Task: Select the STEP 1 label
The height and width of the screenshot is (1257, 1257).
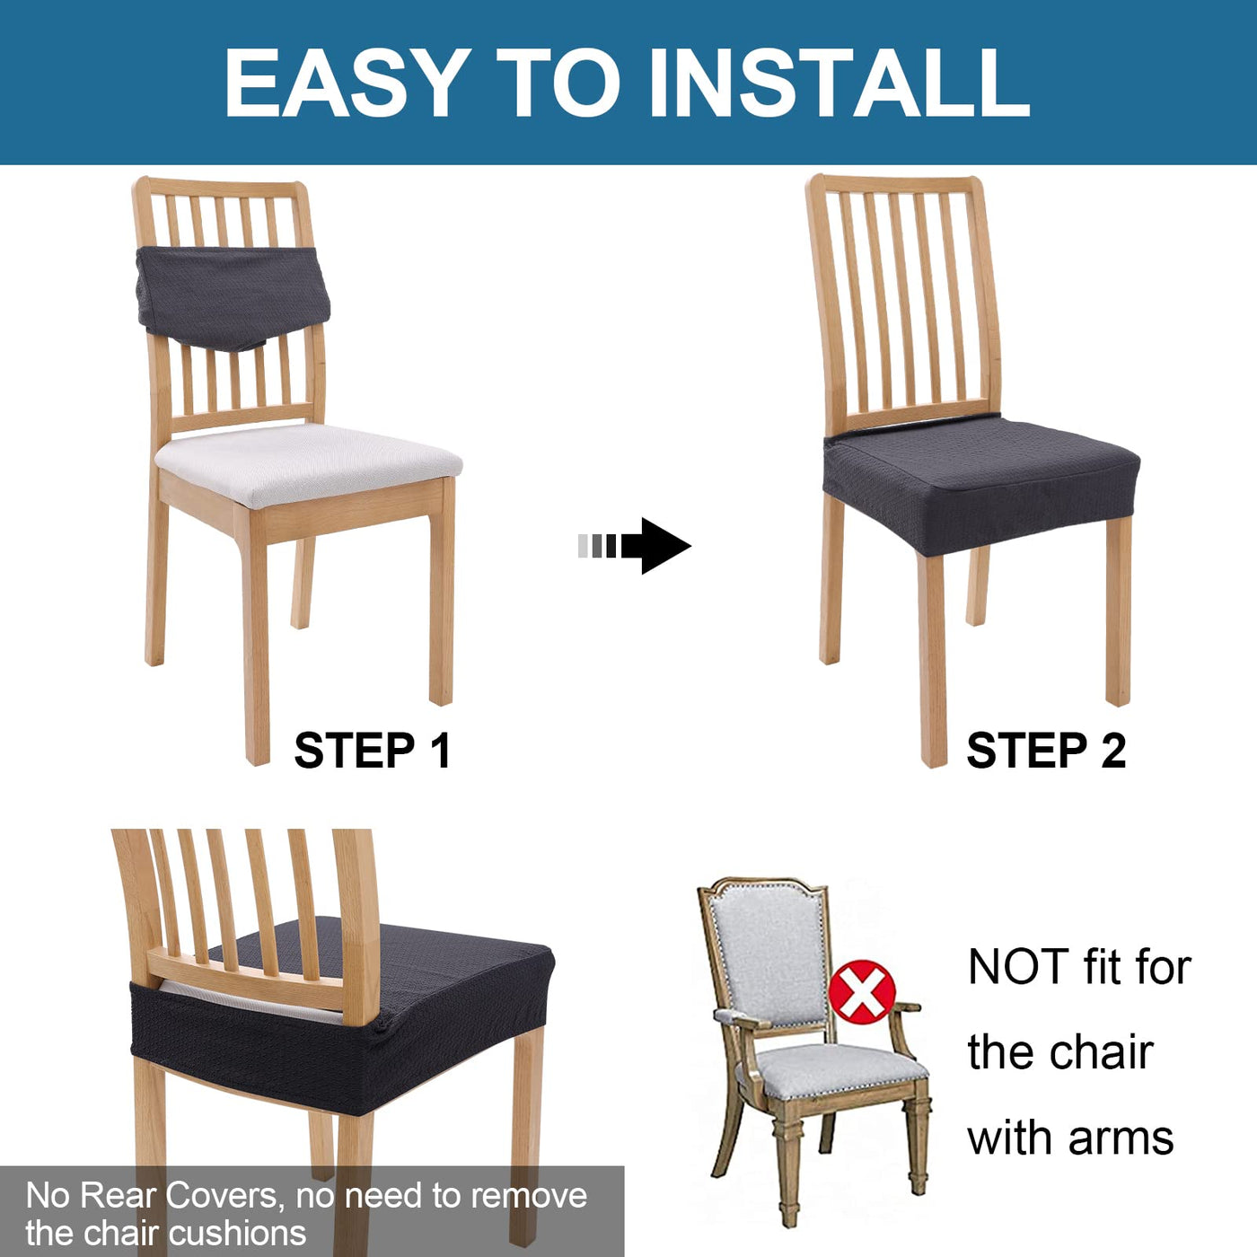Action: pyautogui.click(x=372, y=751)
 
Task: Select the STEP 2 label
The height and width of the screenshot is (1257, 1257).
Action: pyautogui.click(x=1046, y=751)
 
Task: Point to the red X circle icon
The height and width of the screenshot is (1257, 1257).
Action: pyautogui.click(x=862, y=991)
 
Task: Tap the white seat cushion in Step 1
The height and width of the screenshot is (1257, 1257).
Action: pyautogui.click(x=308, y=463)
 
